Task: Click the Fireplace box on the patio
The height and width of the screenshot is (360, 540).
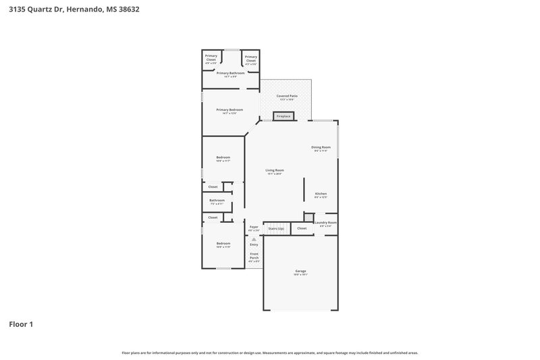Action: click(x=283, y=116)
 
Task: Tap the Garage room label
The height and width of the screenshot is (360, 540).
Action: click(x=300, y=272)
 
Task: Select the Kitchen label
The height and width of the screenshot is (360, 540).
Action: click(x=321, y=195)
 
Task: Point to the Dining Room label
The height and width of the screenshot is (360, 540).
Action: click(x=321, y=148)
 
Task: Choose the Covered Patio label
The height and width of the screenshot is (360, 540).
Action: click(x=287, y=97)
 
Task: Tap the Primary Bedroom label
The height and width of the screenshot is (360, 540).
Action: click(x=230, y=111)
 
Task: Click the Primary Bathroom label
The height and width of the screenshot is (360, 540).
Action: click(x=230, y=74)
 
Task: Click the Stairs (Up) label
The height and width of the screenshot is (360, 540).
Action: click(x=276, y=228)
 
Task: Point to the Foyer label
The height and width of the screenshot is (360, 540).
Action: click(x=254, y=228)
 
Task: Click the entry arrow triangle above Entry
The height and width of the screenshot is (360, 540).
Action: click(x=254, y=238)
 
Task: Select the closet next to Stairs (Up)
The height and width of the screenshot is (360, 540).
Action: click(x=302, y=228)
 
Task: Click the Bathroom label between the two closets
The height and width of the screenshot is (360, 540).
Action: click(x=217, y=201)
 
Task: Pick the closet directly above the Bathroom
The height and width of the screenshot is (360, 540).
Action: click(x=213, y=186)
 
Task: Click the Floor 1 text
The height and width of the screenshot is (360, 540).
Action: click(x=21, y=324)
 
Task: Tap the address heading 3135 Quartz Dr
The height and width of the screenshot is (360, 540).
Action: click(x=74, y=9)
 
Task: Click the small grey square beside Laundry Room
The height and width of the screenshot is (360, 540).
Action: click(x=308, y=217)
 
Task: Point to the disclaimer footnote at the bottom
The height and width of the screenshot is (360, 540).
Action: click(x=270, y=353)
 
